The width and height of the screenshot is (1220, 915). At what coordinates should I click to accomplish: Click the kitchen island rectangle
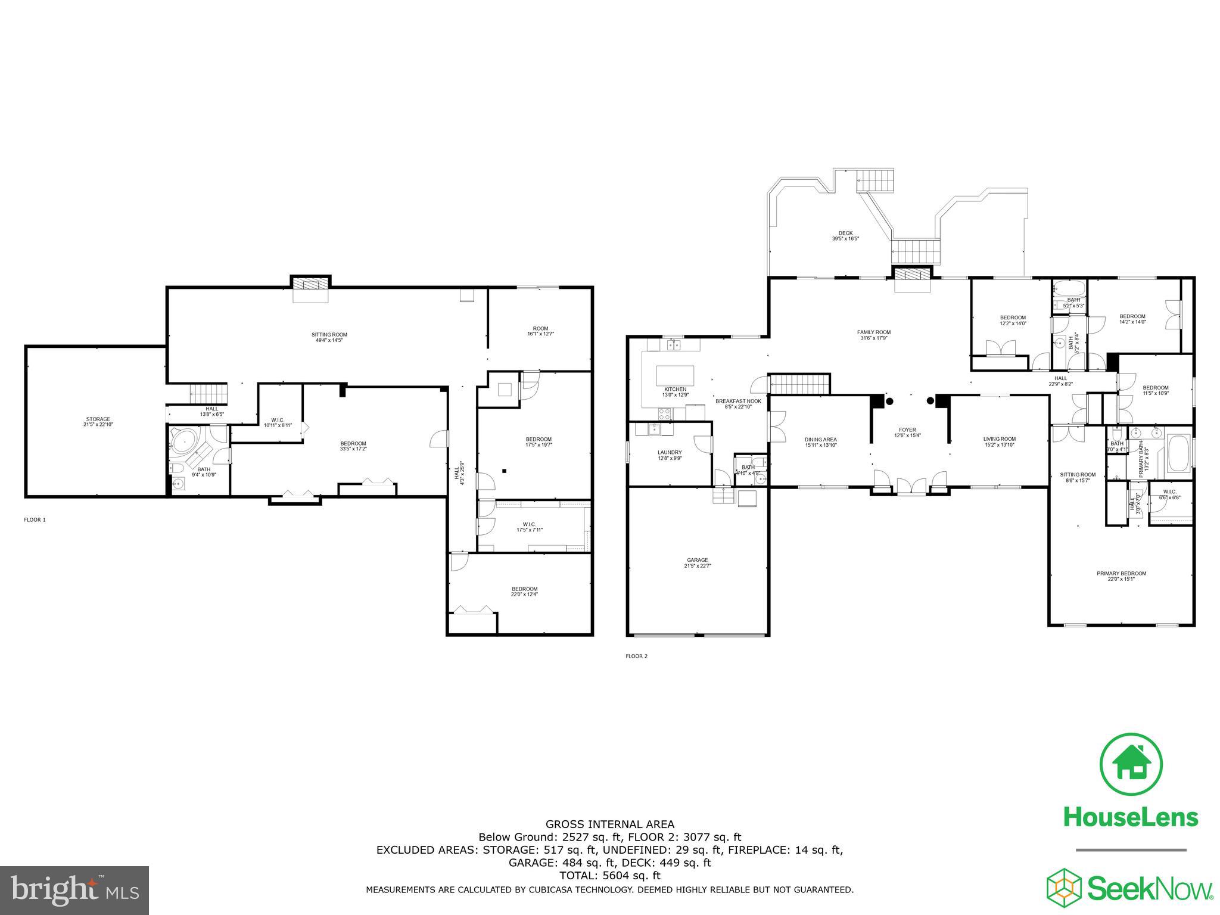(675, 376)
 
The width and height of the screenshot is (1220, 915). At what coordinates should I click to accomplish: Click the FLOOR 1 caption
(35, 519)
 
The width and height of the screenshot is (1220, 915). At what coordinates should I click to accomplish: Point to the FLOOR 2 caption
(636, 656)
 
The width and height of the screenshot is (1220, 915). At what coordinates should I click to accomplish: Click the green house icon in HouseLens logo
(1131, 764)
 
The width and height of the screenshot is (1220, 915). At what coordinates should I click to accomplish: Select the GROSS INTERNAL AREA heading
(610, 824)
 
